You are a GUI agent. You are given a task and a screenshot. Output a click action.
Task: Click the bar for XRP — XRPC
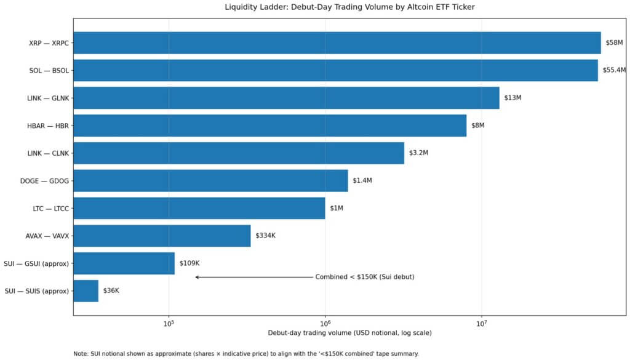click(337, 43)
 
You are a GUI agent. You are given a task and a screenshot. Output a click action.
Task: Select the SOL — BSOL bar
click(335, 70)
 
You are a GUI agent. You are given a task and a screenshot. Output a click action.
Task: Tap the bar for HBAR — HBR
click(269, 126)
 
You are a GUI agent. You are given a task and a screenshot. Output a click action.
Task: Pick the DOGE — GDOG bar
click(210, 181)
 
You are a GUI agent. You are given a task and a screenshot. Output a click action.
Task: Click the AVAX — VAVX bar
click(162, 236)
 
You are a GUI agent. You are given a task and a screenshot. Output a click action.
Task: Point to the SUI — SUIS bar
click(86, 290)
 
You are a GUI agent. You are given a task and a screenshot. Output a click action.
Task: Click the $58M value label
click(614, 43)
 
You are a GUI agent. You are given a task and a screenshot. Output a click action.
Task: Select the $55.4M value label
click(615, 70)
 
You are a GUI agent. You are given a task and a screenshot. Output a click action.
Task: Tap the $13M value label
click(512, 98)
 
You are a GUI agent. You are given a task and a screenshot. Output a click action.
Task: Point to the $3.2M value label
click(420, 153)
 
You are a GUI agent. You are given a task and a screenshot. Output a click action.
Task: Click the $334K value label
click(266, 236)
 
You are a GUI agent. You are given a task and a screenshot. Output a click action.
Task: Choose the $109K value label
click(189, 263)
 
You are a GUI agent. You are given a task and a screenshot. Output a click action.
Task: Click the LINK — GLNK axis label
click(49, 98)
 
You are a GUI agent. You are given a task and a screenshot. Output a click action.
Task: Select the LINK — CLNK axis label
click(49, 153)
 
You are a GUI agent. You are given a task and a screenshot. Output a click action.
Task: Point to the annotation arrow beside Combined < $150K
click(253, 277)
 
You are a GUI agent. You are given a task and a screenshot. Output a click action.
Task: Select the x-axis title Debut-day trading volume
click(349, 333)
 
